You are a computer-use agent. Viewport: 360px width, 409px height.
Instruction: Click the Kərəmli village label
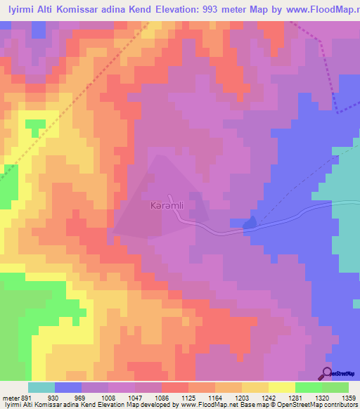click(167, 207)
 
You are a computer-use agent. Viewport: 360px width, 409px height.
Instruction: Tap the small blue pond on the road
click(250, 223)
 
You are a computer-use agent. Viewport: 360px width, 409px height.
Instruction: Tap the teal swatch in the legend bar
click(41, 387)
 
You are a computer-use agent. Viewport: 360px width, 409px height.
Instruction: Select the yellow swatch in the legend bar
click(281, 387)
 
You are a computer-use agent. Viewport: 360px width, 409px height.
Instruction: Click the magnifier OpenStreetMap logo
click(328, 373)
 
